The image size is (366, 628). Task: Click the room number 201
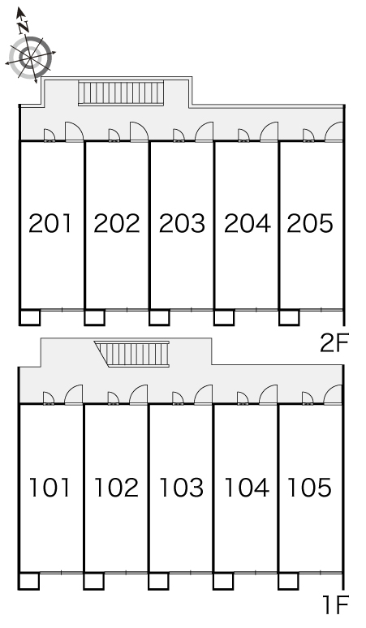(x=50, y=223)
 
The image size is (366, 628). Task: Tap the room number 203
(x=183, y=223)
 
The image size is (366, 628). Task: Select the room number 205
(x=310, y=223)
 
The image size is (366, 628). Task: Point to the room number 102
(x=116, y=488)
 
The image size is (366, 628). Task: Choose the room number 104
(x=247, y=488)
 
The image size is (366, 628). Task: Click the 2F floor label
(x=335, y=343)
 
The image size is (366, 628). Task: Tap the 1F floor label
(x=335, y=604)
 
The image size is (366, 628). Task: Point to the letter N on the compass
(x=24, y=27)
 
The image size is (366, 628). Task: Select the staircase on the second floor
(x=121, y=93)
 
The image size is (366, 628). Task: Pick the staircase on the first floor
(x=133, y=354)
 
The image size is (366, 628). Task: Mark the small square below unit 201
(x=30, y=317)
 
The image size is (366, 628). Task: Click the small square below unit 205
(x=289, y=317)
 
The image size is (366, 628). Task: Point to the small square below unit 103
(x=158, y=581)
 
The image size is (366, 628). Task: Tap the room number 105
(x=309, y=488)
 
